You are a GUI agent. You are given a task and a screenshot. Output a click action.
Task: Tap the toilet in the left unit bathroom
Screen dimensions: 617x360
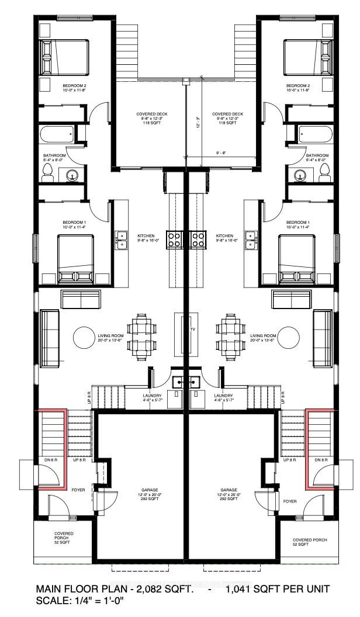(x=48, y=171)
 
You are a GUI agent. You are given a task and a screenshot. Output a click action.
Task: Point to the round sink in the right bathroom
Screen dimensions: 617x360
(x=300, y=174)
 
